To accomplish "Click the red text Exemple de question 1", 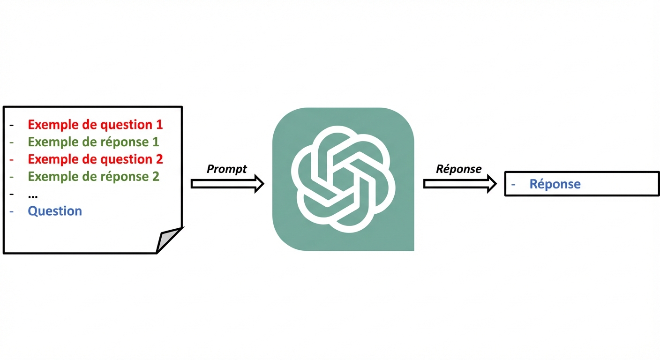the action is coord(95,125).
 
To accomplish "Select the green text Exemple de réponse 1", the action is coord(93,142).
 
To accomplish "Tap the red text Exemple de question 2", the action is coord(95,159).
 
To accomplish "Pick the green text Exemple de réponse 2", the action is coord(93,176).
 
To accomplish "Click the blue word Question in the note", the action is coord(55,211).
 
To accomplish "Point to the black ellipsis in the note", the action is coord(33,195).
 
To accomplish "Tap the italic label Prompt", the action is coord(227,169).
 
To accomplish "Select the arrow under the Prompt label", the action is coord(227,184).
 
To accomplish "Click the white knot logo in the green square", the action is coord(343,179).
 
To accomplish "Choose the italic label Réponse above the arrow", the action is coord(459,169).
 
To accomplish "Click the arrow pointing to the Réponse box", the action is coord(460,184).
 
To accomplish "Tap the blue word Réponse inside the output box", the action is coord(555,184).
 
